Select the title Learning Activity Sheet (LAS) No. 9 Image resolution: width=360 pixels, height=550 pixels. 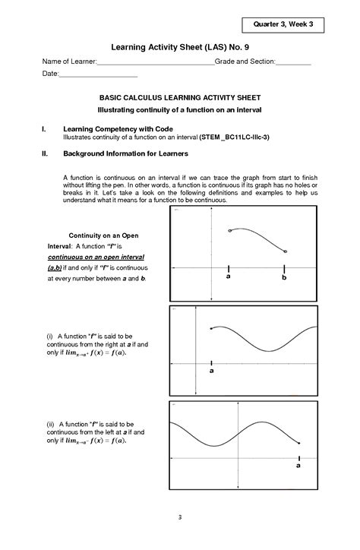click(180, 46)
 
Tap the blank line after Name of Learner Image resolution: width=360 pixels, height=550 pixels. click(156, 62)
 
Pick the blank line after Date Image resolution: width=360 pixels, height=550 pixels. click(98, 75)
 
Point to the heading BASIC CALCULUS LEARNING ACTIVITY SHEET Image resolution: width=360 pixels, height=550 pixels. click(180, 98)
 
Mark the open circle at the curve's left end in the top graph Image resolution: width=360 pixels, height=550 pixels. click(229, 230)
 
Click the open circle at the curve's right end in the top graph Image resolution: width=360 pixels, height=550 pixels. click(286, 251)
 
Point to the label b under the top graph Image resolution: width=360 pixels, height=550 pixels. click(285, 278)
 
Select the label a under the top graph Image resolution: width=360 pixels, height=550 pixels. click(228, 278)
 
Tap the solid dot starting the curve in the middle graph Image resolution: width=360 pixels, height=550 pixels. click(211, 329)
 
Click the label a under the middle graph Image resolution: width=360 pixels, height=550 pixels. click(211, 371)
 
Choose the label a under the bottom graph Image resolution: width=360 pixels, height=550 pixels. click(298, 468)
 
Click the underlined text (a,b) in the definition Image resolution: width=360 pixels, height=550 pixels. click(55, 268)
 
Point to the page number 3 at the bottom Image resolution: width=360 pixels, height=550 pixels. click(180, 518)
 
